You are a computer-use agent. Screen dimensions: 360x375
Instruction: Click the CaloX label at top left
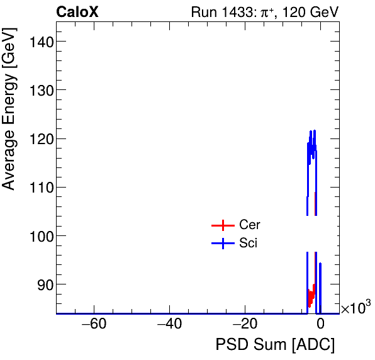pos(77,12)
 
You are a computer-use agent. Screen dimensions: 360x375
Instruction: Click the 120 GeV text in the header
pos(306,12)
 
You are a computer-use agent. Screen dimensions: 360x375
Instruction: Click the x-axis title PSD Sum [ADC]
pos(275,345)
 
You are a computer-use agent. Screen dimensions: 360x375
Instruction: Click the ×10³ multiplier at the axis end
pos(355,308)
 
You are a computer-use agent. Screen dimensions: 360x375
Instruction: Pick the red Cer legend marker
pos(223,225)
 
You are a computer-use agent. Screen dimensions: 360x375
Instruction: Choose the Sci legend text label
pos(249,244)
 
